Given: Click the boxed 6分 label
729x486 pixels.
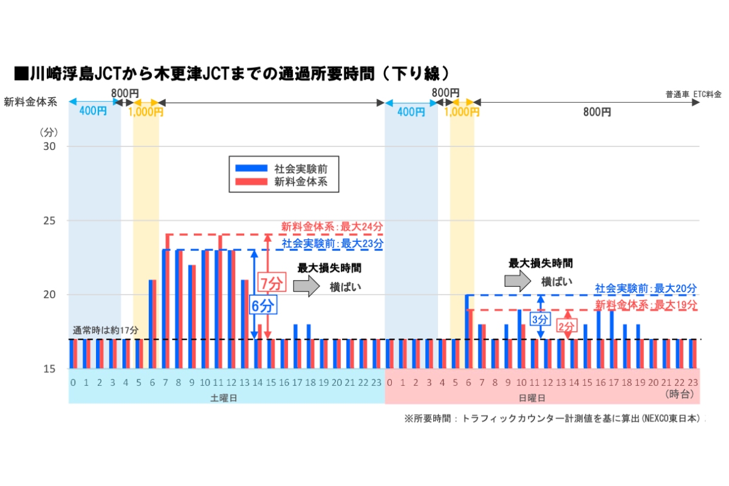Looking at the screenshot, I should tap(263, 306).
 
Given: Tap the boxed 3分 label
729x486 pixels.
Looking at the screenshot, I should tap(539, 318).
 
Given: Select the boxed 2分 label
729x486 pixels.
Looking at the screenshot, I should tap(566, 327).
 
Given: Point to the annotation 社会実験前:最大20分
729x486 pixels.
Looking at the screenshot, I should tap(646, 289).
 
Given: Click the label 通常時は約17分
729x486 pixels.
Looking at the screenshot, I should tap(106, 330).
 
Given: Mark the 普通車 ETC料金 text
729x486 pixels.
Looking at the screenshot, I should tap(693, 94).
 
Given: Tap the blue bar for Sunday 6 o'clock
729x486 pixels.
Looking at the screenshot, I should tap(467, 331).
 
